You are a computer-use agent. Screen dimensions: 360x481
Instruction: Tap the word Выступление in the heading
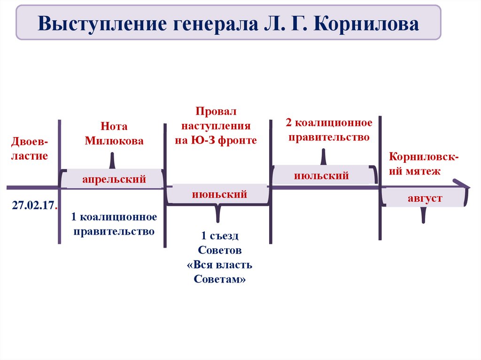100,23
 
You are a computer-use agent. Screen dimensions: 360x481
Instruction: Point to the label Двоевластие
31,149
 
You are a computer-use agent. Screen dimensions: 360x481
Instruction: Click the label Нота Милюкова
114,134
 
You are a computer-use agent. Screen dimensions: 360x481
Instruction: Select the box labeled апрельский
114,179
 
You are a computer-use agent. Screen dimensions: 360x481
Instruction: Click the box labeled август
425,198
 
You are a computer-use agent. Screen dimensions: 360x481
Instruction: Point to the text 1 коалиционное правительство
114,224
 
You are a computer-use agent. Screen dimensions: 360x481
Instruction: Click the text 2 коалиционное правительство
329,130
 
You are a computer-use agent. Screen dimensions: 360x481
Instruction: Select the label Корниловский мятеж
424,164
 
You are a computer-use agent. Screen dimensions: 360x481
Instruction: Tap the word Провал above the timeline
217,112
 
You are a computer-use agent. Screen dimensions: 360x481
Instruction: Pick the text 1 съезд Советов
220,242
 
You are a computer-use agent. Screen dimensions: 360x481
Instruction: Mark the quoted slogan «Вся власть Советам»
219,272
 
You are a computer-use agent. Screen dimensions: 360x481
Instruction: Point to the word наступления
216,126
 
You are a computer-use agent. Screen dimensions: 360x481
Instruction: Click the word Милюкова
114,141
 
